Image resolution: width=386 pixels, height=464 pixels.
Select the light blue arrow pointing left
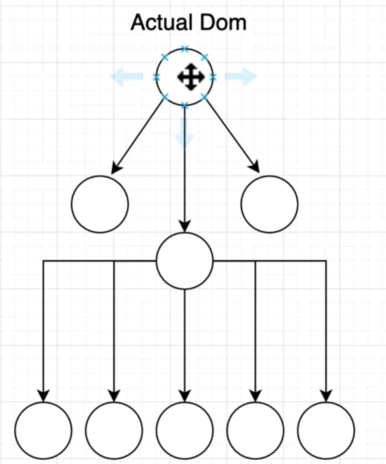(126, 77)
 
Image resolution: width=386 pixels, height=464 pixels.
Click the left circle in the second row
(100, 204)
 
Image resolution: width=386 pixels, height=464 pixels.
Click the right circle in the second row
(270, 204)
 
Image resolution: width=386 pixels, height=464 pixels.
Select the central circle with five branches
(184, 260)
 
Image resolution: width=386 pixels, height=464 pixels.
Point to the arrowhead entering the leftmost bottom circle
(44, 396)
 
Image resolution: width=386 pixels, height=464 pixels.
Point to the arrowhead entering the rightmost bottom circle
(325, 396)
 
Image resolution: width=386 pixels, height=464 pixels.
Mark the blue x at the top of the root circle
(184, 49)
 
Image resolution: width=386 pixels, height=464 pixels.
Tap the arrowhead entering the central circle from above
(184, 227)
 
